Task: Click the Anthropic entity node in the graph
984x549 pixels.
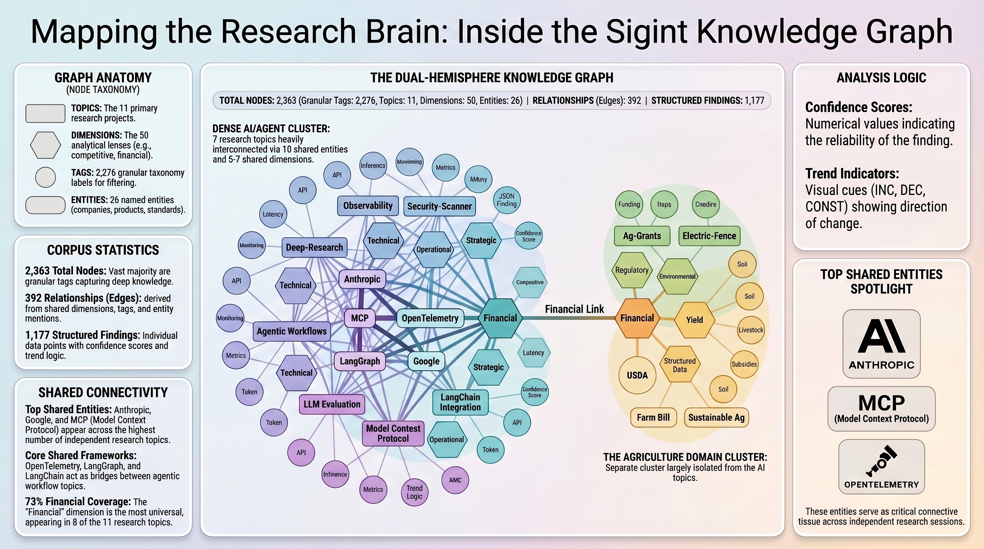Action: [362, 279]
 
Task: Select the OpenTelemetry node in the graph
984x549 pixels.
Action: [430, 318]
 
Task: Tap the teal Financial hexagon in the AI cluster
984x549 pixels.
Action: [500, 318]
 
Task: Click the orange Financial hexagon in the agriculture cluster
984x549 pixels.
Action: [637, 318]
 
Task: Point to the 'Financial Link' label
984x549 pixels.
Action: [574, 309]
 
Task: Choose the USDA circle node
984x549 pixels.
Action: [637, 375]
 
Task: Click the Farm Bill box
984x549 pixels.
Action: [653, 417]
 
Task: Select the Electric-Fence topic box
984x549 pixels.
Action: [709, 236]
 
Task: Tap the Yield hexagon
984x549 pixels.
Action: [694, 320]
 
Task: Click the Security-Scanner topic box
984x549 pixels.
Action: [439, 206]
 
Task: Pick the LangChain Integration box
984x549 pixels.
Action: [460, 402]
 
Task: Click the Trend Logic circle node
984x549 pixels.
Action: [414, 493]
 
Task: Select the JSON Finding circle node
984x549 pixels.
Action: [507, 200]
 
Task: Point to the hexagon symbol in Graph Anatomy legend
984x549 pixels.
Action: [45, 145]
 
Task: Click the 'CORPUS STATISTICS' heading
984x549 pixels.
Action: [103, 250]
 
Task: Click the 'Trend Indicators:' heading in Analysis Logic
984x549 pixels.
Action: [852, 174]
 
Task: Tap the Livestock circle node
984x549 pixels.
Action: [751, 330]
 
